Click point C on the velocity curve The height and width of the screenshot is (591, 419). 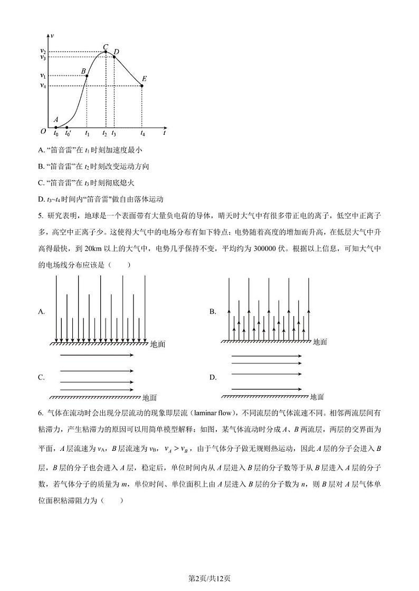106,52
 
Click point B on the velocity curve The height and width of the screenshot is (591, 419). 87,76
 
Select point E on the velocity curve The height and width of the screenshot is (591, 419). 142,85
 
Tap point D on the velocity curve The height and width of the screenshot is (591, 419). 114,56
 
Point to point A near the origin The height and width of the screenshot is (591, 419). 56,127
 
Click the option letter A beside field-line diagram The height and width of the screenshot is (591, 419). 41,312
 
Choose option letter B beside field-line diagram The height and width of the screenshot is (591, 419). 213,312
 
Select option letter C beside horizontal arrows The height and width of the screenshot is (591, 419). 41,377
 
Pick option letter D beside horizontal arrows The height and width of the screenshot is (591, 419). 213,377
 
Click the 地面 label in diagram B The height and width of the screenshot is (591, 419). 320,342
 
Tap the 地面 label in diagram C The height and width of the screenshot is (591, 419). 149,398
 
